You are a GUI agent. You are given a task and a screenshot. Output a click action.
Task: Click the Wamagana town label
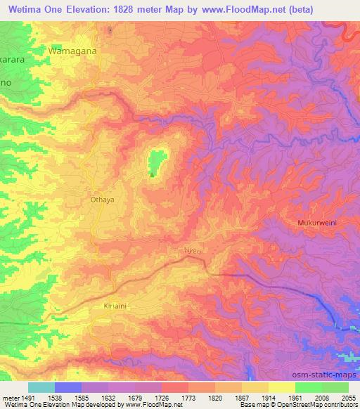pos(71,51)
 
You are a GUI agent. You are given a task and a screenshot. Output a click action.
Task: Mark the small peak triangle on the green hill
pos(150,175)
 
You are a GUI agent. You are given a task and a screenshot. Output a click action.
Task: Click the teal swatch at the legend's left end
pos(41,387)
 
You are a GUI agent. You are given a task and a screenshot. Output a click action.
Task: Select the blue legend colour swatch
pos(68,387)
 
